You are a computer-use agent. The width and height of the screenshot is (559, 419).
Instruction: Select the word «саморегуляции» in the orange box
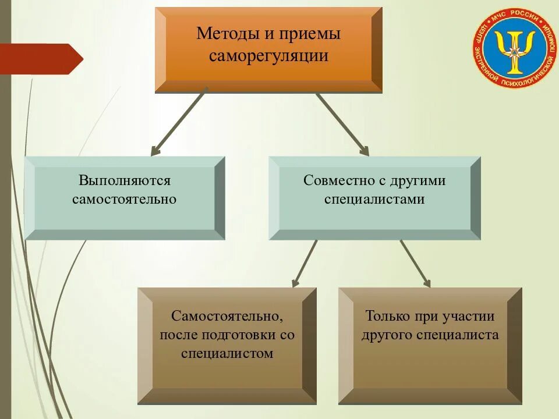click(268, 56)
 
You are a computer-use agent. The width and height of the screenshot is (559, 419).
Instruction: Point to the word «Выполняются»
click(125, 180)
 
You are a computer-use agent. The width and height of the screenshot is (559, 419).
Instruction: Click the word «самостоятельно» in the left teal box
click(125, 199)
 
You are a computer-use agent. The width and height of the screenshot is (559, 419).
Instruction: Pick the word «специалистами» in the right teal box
click(374, 199)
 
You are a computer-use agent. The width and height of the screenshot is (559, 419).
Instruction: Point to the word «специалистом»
click(227, 353)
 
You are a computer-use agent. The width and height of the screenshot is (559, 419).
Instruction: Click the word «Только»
click(387, 316)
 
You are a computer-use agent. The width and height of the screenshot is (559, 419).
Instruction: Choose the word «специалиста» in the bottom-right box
click(458, 335)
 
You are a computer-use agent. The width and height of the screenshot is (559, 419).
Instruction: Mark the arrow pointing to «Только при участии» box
click(415, 264)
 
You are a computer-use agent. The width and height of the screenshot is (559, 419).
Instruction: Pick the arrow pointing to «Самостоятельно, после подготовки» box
click(305, 264)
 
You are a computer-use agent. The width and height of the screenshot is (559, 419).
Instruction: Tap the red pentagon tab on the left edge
click(41, 58)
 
